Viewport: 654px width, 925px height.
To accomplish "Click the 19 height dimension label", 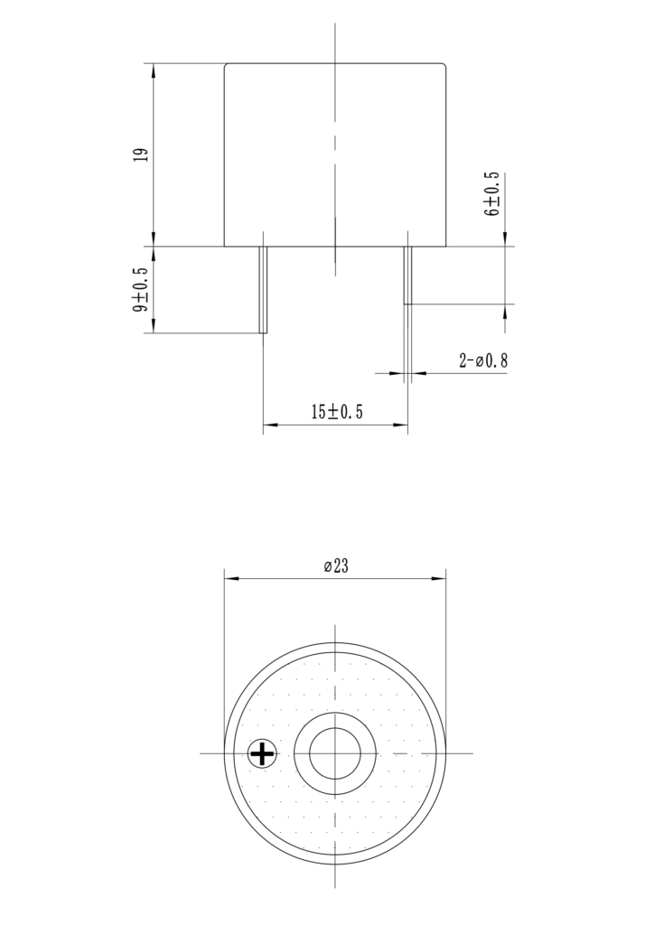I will (140, 154).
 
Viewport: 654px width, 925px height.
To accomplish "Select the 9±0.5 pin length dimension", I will (140, 290).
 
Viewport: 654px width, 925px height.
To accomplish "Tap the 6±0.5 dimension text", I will (492, 193).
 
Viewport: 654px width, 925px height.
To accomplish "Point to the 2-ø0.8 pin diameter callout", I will (483, 361).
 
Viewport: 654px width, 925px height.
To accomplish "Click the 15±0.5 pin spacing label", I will (336, 413).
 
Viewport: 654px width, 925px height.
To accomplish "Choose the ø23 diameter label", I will (336, 566).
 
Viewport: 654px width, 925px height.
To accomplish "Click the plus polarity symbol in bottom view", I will (263, 752).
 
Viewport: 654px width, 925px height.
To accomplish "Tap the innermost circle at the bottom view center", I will (335, 752).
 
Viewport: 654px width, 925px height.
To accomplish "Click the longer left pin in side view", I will (264, 289).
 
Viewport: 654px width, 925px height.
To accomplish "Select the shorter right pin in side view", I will (407, 275).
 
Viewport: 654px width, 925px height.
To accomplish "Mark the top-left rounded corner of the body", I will (227, 66).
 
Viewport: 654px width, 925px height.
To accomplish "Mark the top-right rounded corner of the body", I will (444, 66).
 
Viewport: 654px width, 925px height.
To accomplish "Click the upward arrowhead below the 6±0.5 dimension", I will (504, 311).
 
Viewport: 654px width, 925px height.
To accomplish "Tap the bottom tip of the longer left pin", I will (264, 332).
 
